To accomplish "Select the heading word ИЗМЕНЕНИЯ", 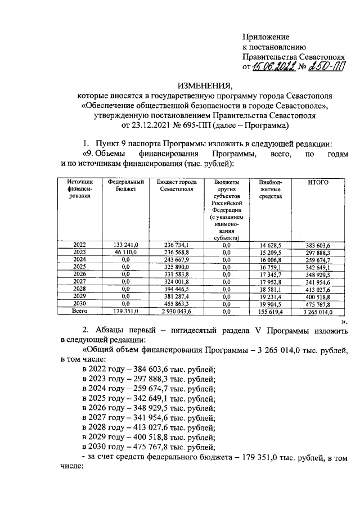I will point(205,85).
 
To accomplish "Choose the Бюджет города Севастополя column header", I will point(177,186).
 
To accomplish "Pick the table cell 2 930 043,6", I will point(177,310).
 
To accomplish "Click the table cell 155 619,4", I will point(272,310).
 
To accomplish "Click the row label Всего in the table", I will point(80,310).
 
